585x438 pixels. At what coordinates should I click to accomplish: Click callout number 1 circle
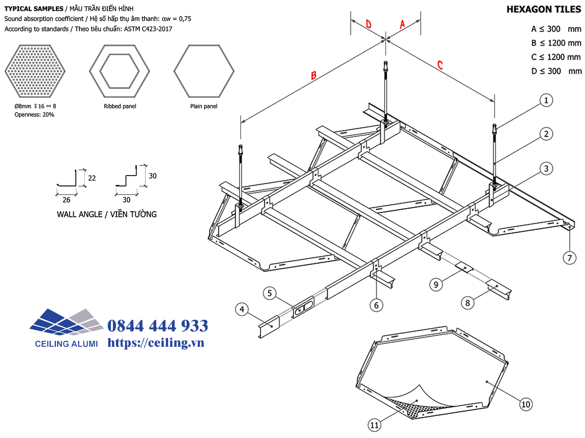546,100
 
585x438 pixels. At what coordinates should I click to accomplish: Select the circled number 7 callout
569,257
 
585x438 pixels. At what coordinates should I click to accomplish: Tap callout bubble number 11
375,425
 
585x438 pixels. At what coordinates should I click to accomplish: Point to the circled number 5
270,293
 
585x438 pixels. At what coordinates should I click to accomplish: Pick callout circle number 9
436,285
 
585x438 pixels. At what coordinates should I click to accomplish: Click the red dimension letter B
314,75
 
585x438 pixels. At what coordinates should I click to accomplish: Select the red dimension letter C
440,65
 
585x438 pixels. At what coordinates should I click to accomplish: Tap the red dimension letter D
369,24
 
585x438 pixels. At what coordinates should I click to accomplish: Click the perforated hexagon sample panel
35,71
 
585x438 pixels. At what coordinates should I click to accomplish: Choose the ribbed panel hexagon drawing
120,71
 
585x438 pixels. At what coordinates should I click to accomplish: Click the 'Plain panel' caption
204,106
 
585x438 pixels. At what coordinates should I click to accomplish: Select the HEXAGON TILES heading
543,9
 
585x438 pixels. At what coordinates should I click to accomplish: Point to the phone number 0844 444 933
158,326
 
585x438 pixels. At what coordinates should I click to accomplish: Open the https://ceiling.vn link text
156,343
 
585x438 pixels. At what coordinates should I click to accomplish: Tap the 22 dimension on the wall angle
92,178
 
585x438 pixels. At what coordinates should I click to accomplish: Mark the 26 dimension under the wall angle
66,200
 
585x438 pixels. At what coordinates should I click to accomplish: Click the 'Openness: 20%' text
34,115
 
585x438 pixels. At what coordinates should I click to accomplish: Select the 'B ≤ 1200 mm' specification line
556,43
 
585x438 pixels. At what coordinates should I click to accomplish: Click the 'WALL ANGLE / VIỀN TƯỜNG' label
107,214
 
